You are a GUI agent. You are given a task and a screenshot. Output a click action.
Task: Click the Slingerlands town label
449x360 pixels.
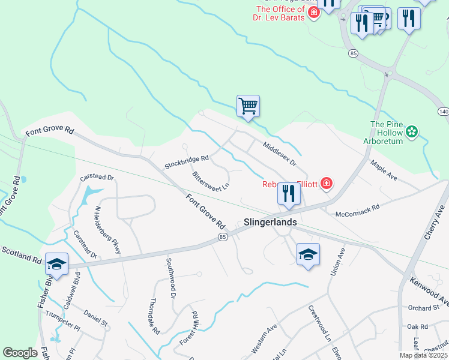point(270,221)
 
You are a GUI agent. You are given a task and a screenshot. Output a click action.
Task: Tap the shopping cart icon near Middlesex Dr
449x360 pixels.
point(248,106)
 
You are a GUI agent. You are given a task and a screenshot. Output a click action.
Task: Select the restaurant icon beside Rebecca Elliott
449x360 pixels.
point(289,194)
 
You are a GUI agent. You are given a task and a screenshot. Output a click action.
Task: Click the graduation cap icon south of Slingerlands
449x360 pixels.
point(308,254)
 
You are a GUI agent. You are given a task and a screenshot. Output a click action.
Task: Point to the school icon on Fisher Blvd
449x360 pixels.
point(56,264)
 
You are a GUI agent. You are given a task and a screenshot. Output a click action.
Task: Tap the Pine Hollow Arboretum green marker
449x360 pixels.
point(412,131)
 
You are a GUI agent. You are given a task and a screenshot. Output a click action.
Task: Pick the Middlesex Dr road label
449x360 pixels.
point(279,154)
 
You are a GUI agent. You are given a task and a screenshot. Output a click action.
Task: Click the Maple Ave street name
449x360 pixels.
point(384,170)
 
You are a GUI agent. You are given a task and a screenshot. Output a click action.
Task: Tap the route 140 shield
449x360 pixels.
point(443,112)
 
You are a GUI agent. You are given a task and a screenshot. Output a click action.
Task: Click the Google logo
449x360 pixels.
point(20,353)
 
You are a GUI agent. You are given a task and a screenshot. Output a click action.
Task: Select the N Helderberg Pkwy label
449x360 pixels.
point(108,230)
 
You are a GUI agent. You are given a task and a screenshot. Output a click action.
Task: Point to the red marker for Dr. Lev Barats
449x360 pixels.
point(313,13)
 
